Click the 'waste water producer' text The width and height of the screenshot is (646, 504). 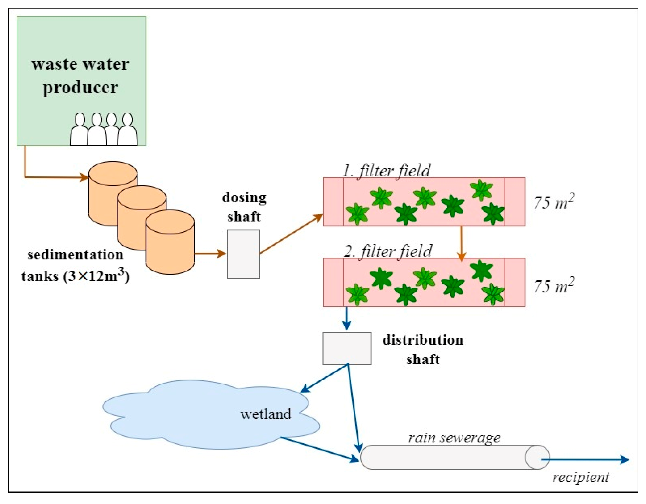[x=80, y=76]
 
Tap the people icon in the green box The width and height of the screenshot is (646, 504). [x=103, y=130]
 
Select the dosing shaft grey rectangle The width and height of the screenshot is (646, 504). [x=243, y=254]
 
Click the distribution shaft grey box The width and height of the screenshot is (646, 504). [x=347, y=349]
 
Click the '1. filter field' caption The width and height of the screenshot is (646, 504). [x=386, y=171]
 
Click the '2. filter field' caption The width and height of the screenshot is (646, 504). [x=388, y=251]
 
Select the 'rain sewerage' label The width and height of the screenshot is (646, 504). [x=454, y=438]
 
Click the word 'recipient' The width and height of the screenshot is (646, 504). [x=581, y=477]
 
